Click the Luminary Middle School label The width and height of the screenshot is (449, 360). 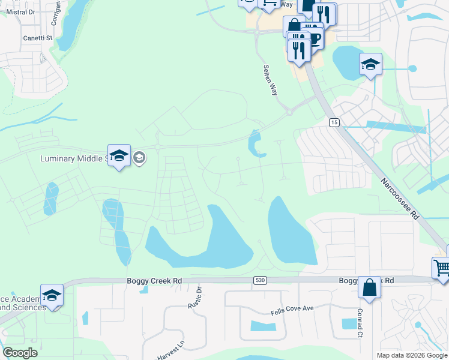tap(72, 158)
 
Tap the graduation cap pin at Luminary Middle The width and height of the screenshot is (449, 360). tap(119, 155)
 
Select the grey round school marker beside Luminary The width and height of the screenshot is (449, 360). tap(139, 158)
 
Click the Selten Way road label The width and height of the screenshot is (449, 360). tap(271, 80)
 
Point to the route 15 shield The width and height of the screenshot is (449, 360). tap(334, 122)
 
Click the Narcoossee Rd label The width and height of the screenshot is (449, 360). tap(400, 198)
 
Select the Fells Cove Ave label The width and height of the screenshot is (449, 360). tap(292, 308)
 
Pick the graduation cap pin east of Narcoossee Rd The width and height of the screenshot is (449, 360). tap(370, 64)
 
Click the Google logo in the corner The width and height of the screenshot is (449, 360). tap(20, 353)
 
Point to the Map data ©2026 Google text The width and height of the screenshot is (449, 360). tap(412, 355)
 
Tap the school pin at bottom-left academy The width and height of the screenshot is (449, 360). tap(52, 295)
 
